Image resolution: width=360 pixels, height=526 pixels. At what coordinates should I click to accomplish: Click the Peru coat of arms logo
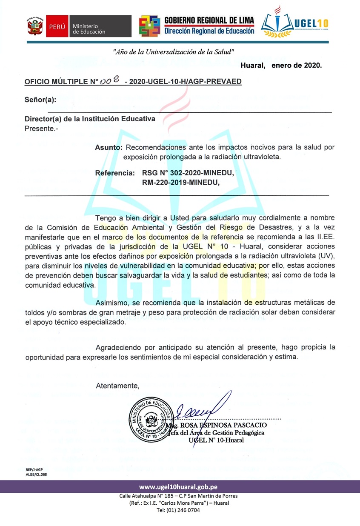click(35, 26)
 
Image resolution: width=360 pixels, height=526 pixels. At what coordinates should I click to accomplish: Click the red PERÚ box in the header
click(57, 26)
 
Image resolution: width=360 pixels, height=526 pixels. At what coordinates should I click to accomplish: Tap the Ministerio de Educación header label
click(89, 29)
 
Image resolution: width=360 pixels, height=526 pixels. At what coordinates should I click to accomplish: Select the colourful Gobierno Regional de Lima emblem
click(150, 26)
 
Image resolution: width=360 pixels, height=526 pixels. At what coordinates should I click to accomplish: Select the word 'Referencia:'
click(114, 173)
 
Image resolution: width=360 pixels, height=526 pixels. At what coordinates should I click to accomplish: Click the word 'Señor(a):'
click(40, 100)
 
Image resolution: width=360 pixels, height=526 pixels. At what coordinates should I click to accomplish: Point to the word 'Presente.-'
click(42, 128)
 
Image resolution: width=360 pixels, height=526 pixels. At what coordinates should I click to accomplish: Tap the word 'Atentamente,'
click(117, 386)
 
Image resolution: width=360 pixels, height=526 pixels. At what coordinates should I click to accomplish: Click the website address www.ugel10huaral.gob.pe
click(179, 486)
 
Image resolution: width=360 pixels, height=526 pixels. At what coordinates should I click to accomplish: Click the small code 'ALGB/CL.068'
click(36, 474)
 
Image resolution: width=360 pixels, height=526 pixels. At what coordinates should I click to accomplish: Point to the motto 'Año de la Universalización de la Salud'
click(174, 51)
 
